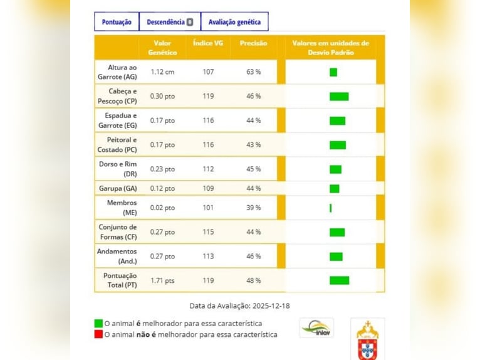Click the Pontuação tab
[x=117, y=22]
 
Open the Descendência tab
[x=170, y=22]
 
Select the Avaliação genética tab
[x=234, y=22]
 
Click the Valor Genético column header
[x=162, y=48]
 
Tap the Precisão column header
[x=253, y=43]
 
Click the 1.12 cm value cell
[x=162, y=72]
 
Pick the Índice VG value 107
[x=208, y=72]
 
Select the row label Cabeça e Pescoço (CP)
[x=117, y=96]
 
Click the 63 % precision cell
[x=253, y=72]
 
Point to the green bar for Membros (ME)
[x=331, y=208]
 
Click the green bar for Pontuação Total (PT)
[x=339, y=280]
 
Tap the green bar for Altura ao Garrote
[x=333, y=72]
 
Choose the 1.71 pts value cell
[x=162, y=280]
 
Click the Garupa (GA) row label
[x=117, y=188]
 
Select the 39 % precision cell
[x=253, y=208]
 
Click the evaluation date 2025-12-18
[x=271, y=306]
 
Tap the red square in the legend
[x=98, y=335]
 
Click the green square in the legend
[x=98, y=324]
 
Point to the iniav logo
[x=316, y=327]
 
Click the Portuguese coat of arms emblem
[x=367, y=339]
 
